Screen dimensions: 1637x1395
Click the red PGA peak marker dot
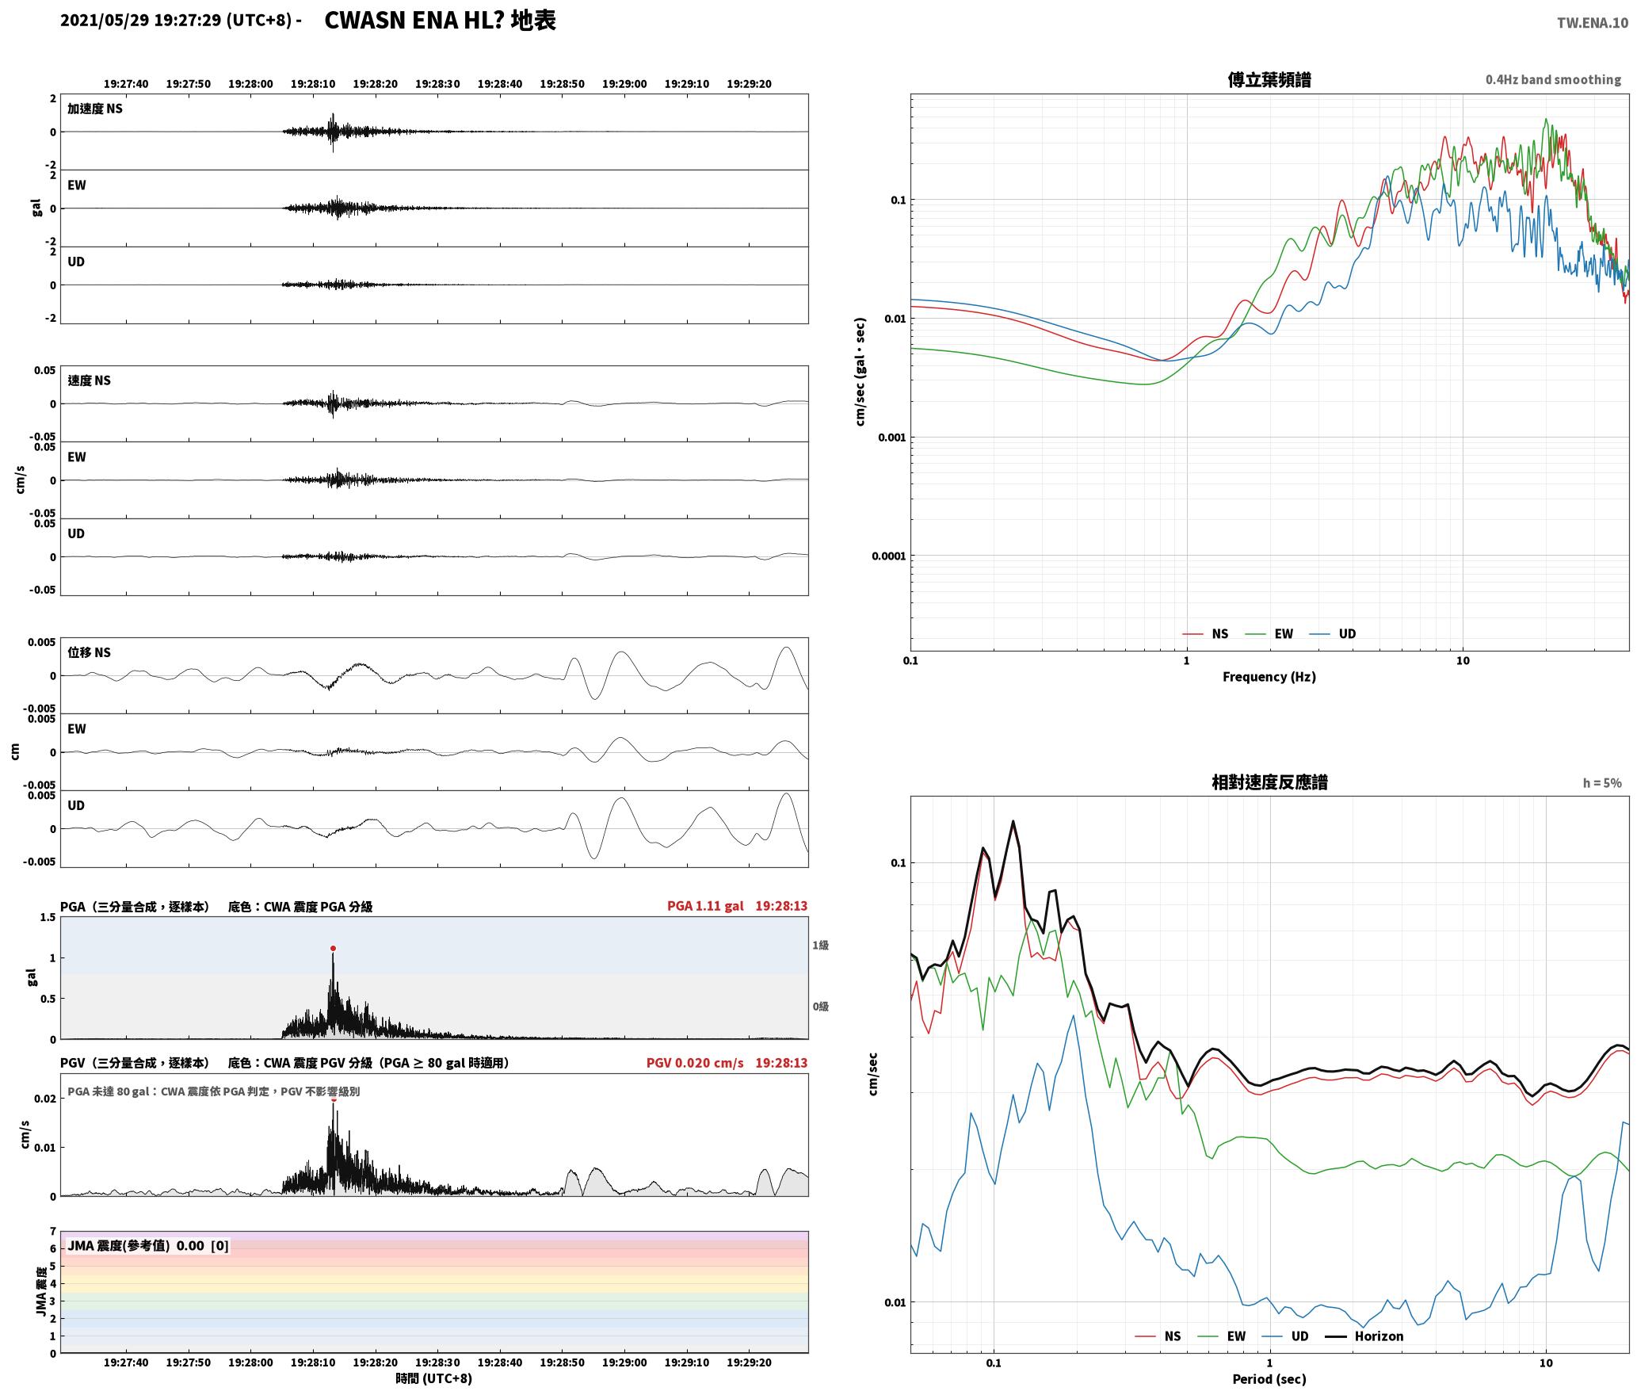coord(333,948)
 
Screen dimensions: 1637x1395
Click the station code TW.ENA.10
coord(1593,23)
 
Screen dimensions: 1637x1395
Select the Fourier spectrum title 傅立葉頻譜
coord(1269,79)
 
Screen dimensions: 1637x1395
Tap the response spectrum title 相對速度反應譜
coord(1269,782)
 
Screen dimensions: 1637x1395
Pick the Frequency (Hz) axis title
coord(1269,676)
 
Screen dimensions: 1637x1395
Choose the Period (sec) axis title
coord(1269,1379)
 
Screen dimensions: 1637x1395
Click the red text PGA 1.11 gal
coord(705,906)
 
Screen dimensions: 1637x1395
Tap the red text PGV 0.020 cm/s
coord(695,1063)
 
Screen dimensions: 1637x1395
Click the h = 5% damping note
coord(1602,783)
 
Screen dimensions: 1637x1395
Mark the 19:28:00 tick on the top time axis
coord(250,84)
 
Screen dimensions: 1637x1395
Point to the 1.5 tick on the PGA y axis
coord(48,917)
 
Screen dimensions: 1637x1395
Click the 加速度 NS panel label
coord(95,109)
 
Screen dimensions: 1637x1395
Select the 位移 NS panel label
coord(89,652)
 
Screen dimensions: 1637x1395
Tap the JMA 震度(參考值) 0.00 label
coord(135,1245)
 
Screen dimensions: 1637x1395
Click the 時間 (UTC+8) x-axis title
coord(433,1378)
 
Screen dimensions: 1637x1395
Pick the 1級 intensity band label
coord(820,945)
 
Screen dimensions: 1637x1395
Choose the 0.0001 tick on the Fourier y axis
coord(888,556)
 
